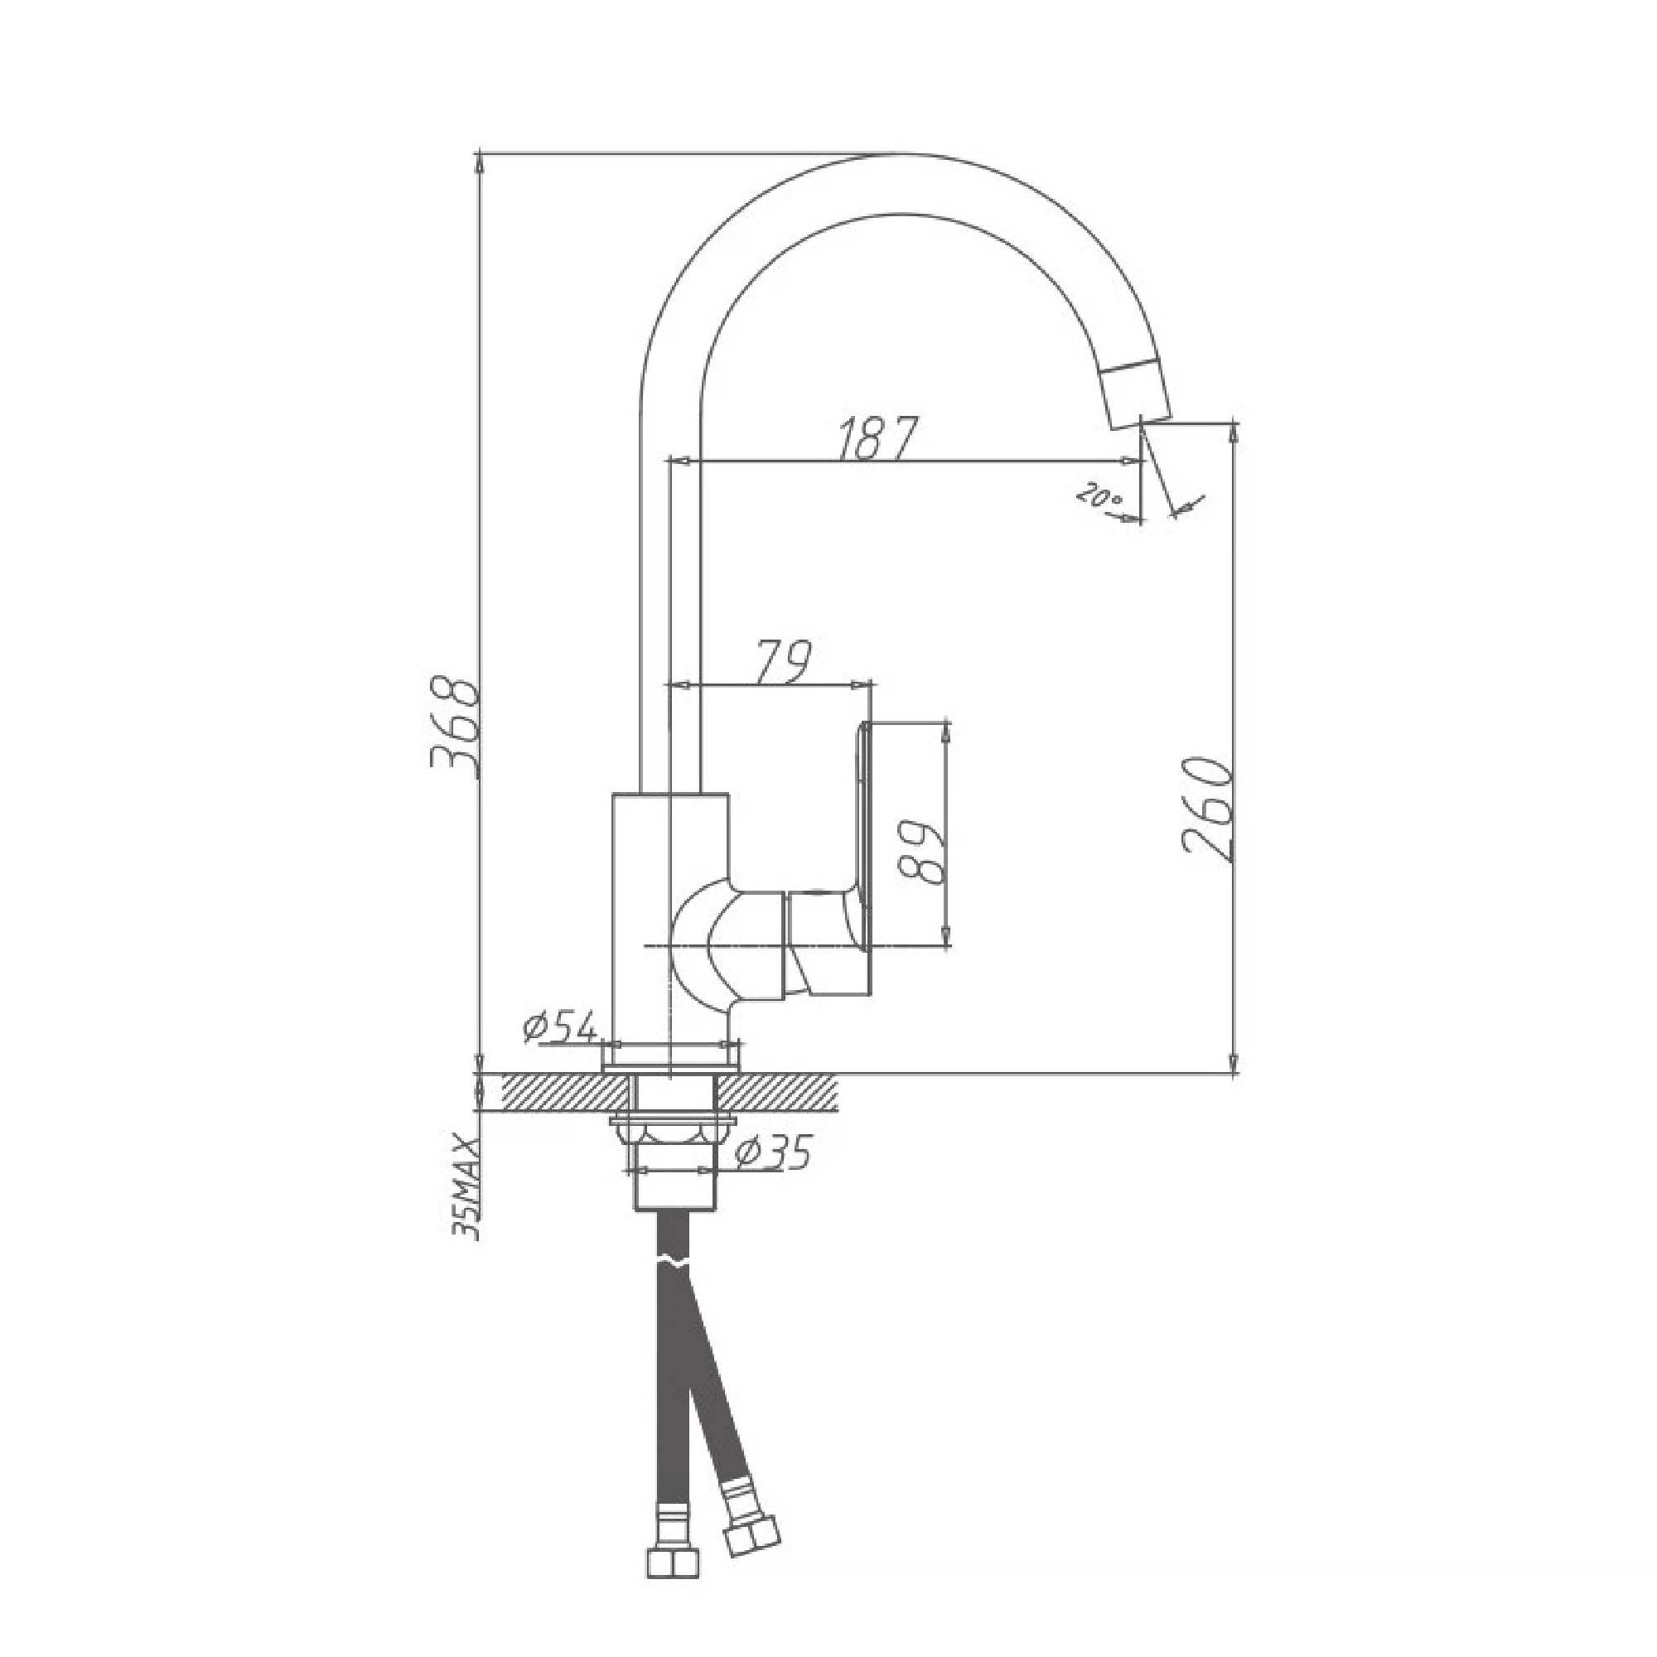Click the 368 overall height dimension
[453, 728]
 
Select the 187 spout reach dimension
[877, 439]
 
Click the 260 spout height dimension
[1208, 809]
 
